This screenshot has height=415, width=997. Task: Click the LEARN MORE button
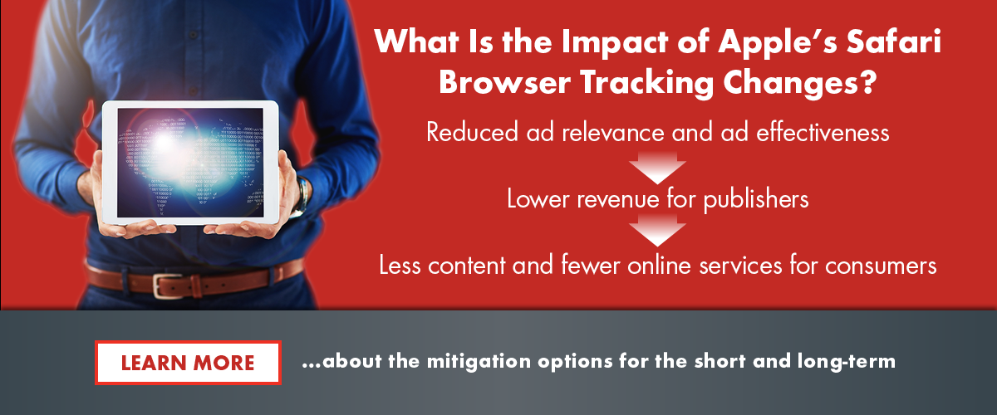188,363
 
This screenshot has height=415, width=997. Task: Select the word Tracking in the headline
647,83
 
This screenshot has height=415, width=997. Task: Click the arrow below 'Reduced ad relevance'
657,168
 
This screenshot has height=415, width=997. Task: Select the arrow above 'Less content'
657,230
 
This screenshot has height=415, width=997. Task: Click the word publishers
756,200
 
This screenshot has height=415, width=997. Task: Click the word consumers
881,266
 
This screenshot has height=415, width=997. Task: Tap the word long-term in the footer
846,361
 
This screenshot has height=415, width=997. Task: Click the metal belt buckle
168,286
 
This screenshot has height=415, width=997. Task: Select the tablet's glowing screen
190,163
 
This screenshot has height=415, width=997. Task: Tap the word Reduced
472,132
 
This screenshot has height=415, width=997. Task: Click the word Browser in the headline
505,83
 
